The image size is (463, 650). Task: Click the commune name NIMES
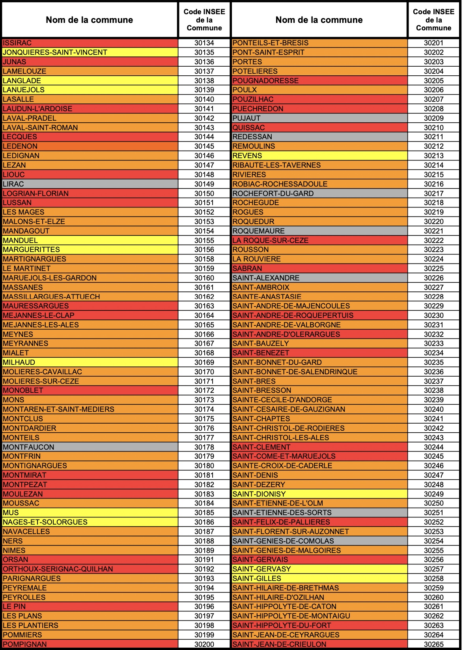[x=14, y=550]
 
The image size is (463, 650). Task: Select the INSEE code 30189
[x=204, y=550]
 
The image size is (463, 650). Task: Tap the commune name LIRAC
[x=13, y=184]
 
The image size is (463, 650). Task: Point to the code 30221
[x=433, y=231]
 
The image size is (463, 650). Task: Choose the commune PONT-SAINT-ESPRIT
[x=269, y=52]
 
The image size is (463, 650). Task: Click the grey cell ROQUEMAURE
[x=259, y=231]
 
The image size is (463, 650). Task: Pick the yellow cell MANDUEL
[x=21, y=240]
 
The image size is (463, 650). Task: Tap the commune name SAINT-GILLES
[x=257, y=578]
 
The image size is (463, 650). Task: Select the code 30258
[x=433, y=578]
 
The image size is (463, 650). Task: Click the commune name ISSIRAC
[x=17, y=43]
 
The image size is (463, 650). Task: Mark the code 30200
[x=204, y=644]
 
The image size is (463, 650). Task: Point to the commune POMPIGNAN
[x=25, y=644]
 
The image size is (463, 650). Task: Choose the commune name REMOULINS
[x=254, y=146]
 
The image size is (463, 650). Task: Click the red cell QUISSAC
[x=248, y=127]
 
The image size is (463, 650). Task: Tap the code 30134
[x=204, y=43]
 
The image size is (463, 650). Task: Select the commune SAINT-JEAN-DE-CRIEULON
[x=279, y=644]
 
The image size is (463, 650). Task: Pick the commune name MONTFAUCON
[x=28, y=447]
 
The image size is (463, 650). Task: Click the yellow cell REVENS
[x=247, y=155]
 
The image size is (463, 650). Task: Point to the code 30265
[x=433, y=644]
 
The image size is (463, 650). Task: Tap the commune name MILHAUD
[x=19, y=362]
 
